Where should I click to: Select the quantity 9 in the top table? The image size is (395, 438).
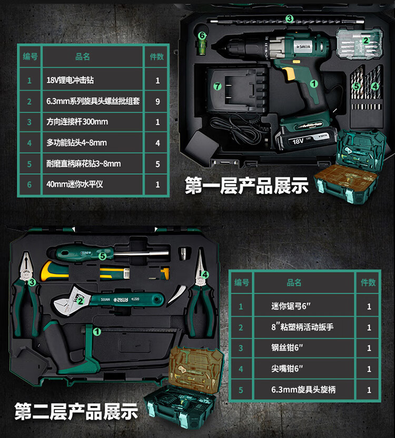pyautogui.click(x=157, y=101)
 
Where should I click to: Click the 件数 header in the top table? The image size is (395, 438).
pyautogui.click(x=157, y=56)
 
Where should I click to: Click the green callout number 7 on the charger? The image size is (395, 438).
pyautogui.click(x=216, y=86)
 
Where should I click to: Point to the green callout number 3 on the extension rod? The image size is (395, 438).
pyautogui.click(x=289, y=19)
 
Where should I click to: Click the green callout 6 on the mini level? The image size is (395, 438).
pyautogui.click(x=201, y=35)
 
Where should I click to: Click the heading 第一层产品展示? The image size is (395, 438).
pyautogui.click(x=246, y=186)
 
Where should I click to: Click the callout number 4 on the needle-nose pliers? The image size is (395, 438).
pyautogui.click(x=205, y=274)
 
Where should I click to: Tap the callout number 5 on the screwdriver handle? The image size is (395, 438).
pyautogui.click(x=103, y=256)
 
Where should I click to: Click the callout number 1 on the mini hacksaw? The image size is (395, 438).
pyautogui.click(x=96, y=332)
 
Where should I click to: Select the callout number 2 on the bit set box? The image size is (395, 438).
pyautogui.click(x=365, y=37)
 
